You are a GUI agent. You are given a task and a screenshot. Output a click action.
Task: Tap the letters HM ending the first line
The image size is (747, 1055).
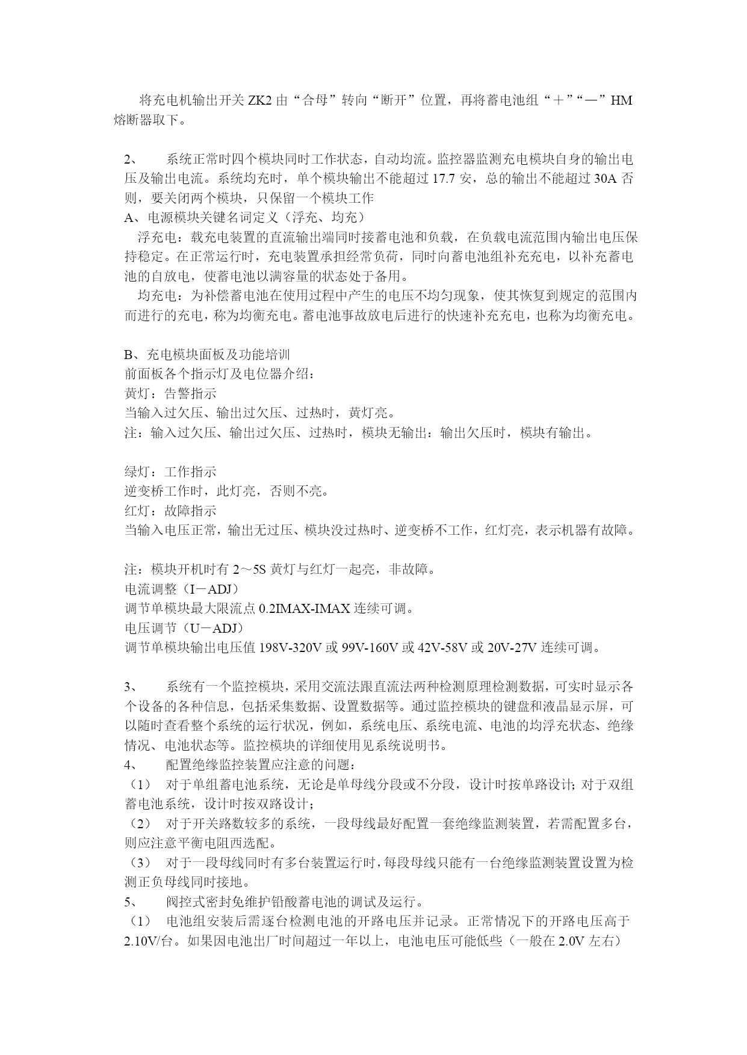[621, 100]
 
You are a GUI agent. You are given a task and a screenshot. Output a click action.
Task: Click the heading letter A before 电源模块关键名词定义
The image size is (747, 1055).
[128, 218]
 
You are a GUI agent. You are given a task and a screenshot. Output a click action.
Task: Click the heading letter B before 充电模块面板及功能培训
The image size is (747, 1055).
[128, 355]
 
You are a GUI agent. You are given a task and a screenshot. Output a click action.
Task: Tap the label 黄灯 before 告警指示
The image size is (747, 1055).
[137, 394]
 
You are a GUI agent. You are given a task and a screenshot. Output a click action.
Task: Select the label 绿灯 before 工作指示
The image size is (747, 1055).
[137, 472]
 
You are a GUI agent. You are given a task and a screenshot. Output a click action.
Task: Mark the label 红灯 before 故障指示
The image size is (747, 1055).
[137, 511]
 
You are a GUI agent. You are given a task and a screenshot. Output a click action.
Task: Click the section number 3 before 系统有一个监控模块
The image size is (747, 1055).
[128, 687]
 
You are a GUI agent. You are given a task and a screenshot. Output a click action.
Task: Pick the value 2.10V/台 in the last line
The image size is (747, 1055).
[148, 941]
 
